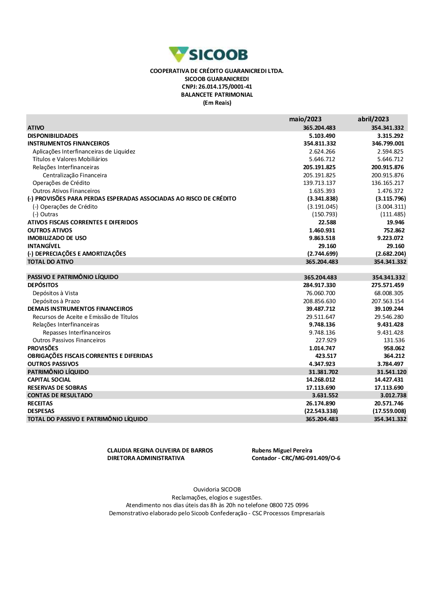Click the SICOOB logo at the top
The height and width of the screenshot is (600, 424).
(x=208, y=54)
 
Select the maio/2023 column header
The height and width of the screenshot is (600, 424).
(x=305, y=119)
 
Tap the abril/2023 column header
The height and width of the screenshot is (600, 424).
(x=373, y=119)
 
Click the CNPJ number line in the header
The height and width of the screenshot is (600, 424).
(x=217, y=87)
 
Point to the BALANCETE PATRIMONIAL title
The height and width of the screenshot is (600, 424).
(x=217, y=95)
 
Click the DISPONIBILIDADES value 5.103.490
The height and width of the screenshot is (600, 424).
(x=322, y=136)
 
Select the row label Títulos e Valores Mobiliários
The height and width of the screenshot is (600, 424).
(x=70, y=159)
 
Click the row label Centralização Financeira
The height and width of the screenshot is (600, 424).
(x=75, y=175)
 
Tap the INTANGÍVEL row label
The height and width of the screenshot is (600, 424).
(x=44, y=246)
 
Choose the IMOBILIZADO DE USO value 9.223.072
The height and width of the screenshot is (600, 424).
(x=391, y=238)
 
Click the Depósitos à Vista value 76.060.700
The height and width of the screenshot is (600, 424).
(x=321, y=293)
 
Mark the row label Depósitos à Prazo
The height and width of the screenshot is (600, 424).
(x=56, y=301)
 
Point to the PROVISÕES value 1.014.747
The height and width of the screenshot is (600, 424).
(x=322, y=348)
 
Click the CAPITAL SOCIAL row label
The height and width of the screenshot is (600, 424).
(x=49, y=380)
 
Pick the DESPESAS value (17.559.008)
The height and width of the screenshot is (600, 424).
(x=389, y=411)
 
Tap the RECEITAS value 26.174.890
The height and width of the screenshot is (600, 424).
(x=321, y=403)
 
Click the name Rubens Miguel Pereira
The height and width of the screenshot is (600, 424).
(x=282, y=450)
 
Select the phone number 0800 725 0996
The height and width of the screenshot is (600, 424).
(x=289, y=505)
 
